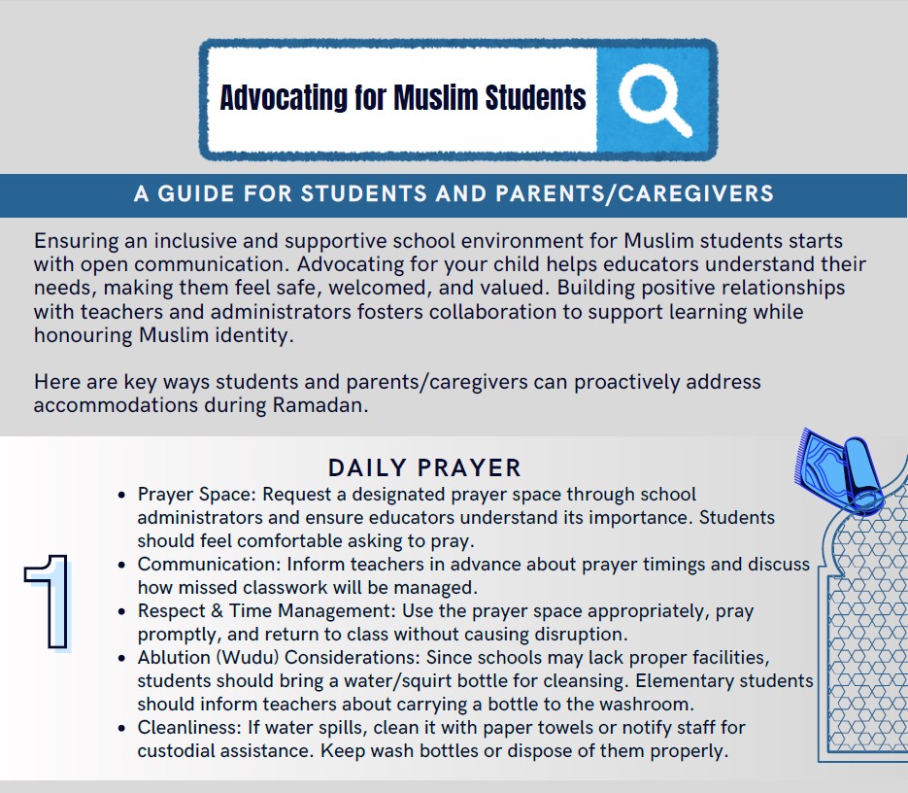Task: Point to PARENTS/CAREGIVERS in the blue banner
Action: tap(635, 193)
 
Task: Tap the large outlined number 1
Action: tap(48, 600)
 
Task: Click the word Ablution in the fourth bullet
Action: tap(173, 658)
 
